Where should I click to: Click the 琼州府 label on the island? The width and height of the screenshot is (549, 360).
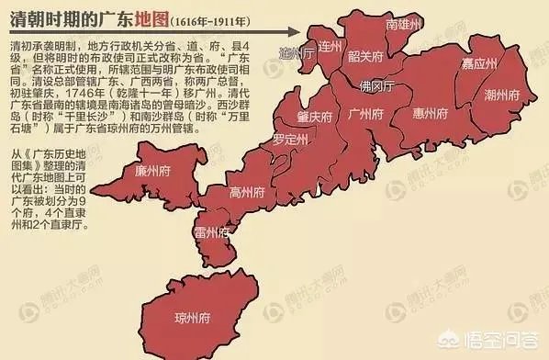(x=193, y=319)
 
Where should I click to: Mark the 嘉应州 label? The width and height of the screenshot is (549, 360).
(x=479, y=64)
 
